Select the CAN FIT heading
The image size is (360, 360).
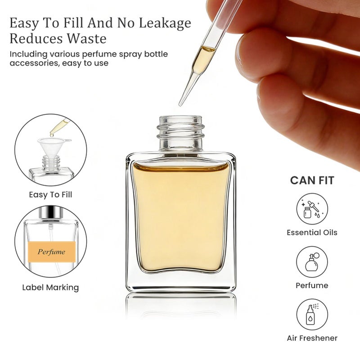312,181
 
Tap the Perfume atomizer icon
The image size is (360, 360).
312,262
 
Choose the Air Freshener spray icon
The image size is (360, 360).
312,315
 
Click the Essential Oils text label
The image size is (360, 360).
312,233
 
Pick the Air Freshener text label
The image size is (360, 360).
312,338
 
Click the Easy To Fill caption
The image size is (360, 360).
50,195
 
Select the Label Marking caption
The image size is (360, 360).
50,287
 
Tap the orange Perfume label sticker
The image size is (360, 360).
51,252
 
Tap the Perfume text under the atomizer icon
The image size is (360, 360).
312,285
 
